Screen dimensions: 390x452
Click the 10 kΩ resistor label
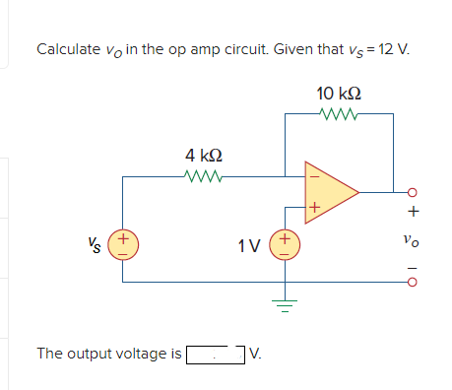pos(338,94)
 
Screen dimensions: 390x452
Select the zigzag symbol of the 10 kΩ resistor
pos(338,114)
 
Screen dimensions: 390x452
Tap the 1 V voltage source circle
pos(286,243)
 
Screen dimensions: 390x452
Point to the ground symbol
pos(286,300)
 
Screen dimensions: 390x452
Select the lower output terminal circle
pos(414,281)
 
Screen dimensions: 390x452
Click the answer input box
pos(215,353)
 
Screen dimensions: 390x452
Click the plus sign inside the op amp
pos(314,208)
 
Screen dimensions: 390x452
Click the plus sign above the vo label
pos(414,212)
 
